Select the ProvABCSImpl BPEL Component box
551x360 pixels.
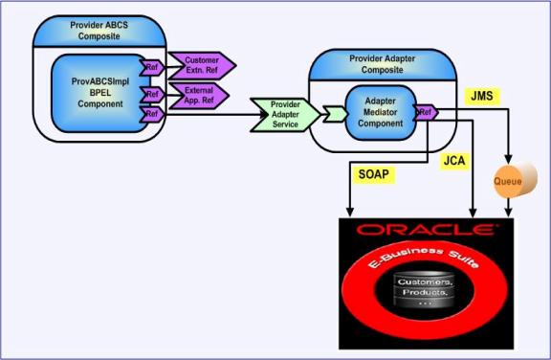[94, 90]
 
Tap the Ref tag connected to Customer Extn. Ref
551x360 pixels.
[152, 67]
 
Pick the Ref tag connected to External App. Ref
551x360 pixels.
[152, 94]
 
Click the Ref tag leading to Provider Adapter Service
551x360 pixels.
[152, 114]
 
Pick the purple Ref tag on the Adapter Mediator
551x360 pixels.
[426, 112]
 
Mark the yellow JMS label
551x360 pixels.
[481, 96]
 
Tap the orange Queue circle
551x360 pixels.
[509, 179]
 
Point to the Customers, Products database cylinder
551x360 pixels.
[425, 293]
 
